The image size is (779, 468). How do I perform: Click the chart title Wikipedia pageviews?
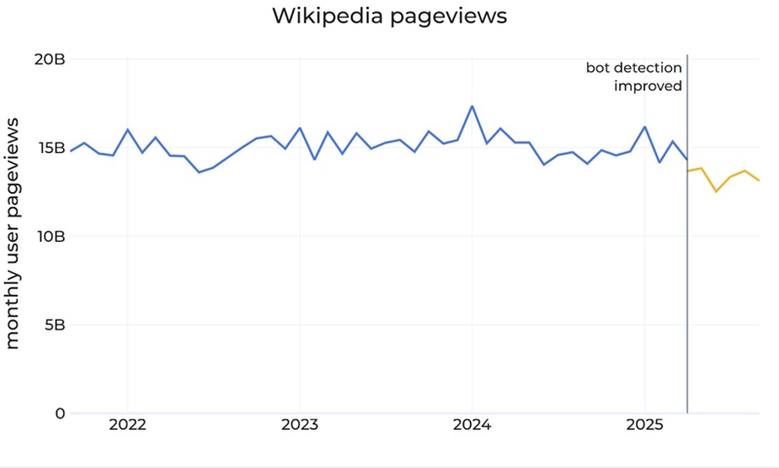click(x=389, y=17)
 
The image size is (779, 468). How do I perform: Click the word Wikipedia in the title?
click(x=332, y=17)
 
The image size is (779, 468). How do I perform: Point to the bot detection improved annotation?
click(x=634, y=76)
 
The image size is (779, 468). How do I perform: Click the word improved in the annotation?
click(x=648, y=86)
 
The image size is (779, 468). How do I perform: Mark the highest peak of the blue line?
click(x=472, y=106)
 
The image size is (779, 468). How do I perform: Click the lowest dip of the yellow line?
click(x=716, y=191)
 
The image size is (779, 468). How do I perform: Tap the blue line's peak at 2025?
click(x=645, y=127)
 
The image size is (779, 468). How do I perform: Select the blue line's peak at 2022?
click(x=128, y=130)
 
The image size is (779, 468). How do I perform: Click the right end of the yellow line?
click(x=759, y=180)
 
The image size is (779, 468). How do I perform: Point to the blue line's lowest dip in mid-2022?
click(x=199, y=173)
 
